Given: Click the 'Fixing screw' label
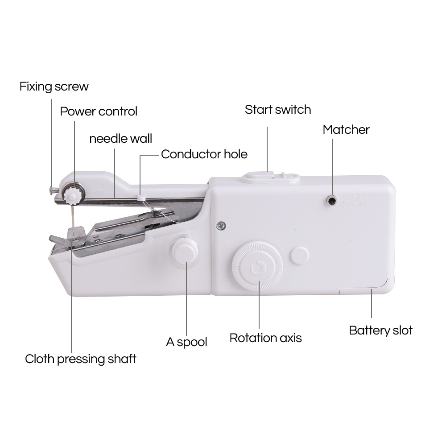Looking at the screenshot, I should (54, 86).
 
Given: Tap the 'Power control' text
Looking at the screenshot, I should (99, 111).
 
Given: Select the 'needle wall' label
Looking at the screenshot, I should (120, 138).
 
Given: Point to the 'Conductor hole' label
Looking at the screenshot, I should (204, 154).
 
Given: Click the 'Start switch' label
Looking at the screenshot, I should (277, 110).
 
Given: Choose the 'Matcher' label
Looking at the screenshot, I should (346, 130).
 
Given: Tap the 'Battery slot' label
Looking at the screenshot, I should (380, 330).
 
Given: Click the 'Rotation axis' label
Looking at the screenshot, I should (265, 338).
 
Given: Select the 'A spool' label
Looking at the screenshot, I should (186, 342).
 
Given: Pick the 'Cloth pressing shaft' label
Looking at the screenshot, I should (80, 359).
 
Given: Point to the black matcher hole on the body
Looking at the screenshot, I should (331, 201).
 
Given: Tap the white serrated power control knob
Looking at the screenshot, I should (71, 194).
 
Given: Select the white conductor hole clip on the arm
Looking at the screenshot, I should (141, 196).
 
